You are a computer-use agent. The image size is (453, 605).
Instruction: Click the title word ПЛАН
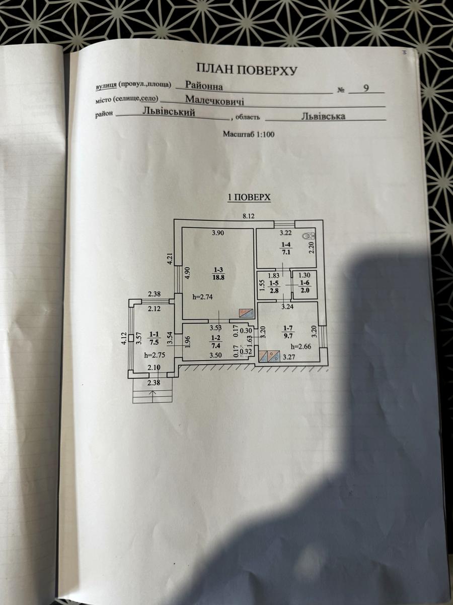click(214, 69)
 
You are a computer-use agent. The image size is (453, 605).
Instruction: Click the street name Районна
click(204, 86)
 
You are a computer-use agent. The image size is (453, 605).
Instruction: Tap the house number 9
click(366, 88)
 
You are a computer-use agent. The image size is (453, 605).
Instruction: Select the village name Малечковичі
click(214, 100)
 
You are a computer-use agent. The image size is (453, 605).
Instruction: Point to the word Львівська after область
click(323, 116)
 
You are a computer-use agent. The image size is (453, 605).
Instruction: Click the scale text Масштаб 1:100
click(249, 135)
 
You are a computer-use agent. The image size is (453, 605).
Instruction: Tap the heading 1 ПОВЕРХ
click(249, 198)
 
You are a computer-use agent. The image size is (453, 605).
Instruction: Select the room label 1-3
click(219, 270)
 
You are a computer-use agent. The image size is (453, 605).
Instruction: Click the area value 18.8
click(219, 277)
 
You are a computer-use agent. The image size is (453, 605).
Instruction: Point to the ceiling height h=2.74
click(203, 296)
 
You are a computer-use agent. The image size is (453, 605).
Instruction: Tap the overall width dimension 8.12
click(249, 216)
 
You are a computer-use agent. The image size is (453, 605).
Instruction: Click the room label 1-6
click(304, 282)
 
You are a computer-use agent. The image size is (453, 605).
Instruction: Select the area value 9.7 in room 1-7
click(288, 335)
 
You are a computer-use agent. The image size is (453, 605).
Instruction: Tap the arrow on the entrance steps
click(154, 394)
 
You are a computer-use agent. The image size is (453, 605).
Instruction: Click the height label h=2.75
click(155, 355)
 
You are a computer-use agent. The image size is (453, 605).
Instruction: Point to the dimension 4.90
click(188, 274)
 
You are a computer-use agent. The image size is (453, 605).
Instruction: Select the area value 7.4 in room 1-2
click(216, 345)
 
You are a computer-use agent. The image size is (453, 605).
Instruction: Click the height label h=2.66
click(301, 346)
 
